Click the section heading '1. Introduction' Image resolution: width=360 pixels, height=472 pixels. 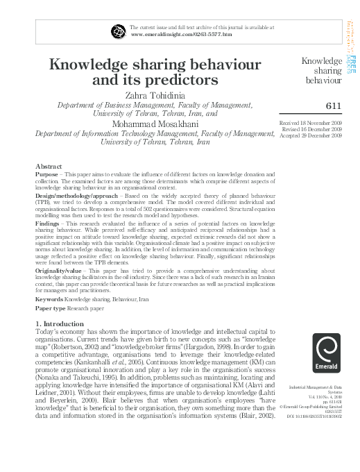[62, 324]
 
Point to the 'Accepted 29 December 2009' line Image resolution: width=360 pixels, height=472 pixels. [311, 135]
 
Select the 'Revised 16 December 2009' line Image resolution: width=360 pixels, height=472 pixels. [312, 130]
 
